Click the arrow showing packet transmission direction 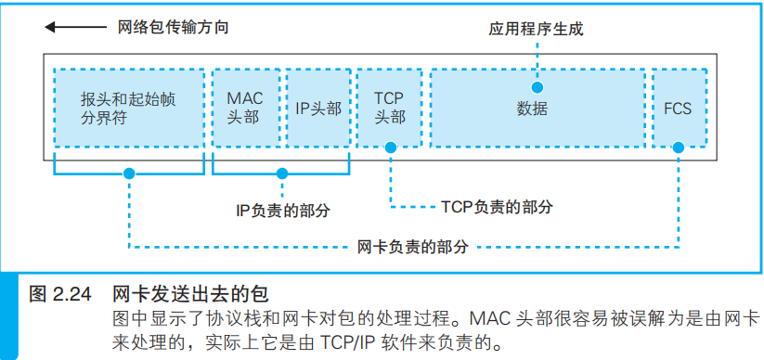pos(75,28)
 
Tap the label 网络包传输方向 pos(173,28)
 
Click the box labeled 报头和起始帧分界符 pos(129,108)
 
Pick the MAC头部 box pos(245,108)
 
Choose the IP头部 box pos(318,108)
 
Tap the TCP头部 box pos(390,108)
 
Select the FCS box pos(678,108)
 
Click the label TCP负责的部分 pos(497,207)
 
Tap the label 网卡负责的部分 pos(412,248)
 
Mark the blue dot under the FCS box pos(679,147)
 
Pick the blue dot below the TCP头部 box pos(391,147)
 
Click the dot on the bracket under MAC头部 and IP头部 pos(281,173)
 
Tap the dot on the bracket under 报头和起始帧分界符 pos(129,173)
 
